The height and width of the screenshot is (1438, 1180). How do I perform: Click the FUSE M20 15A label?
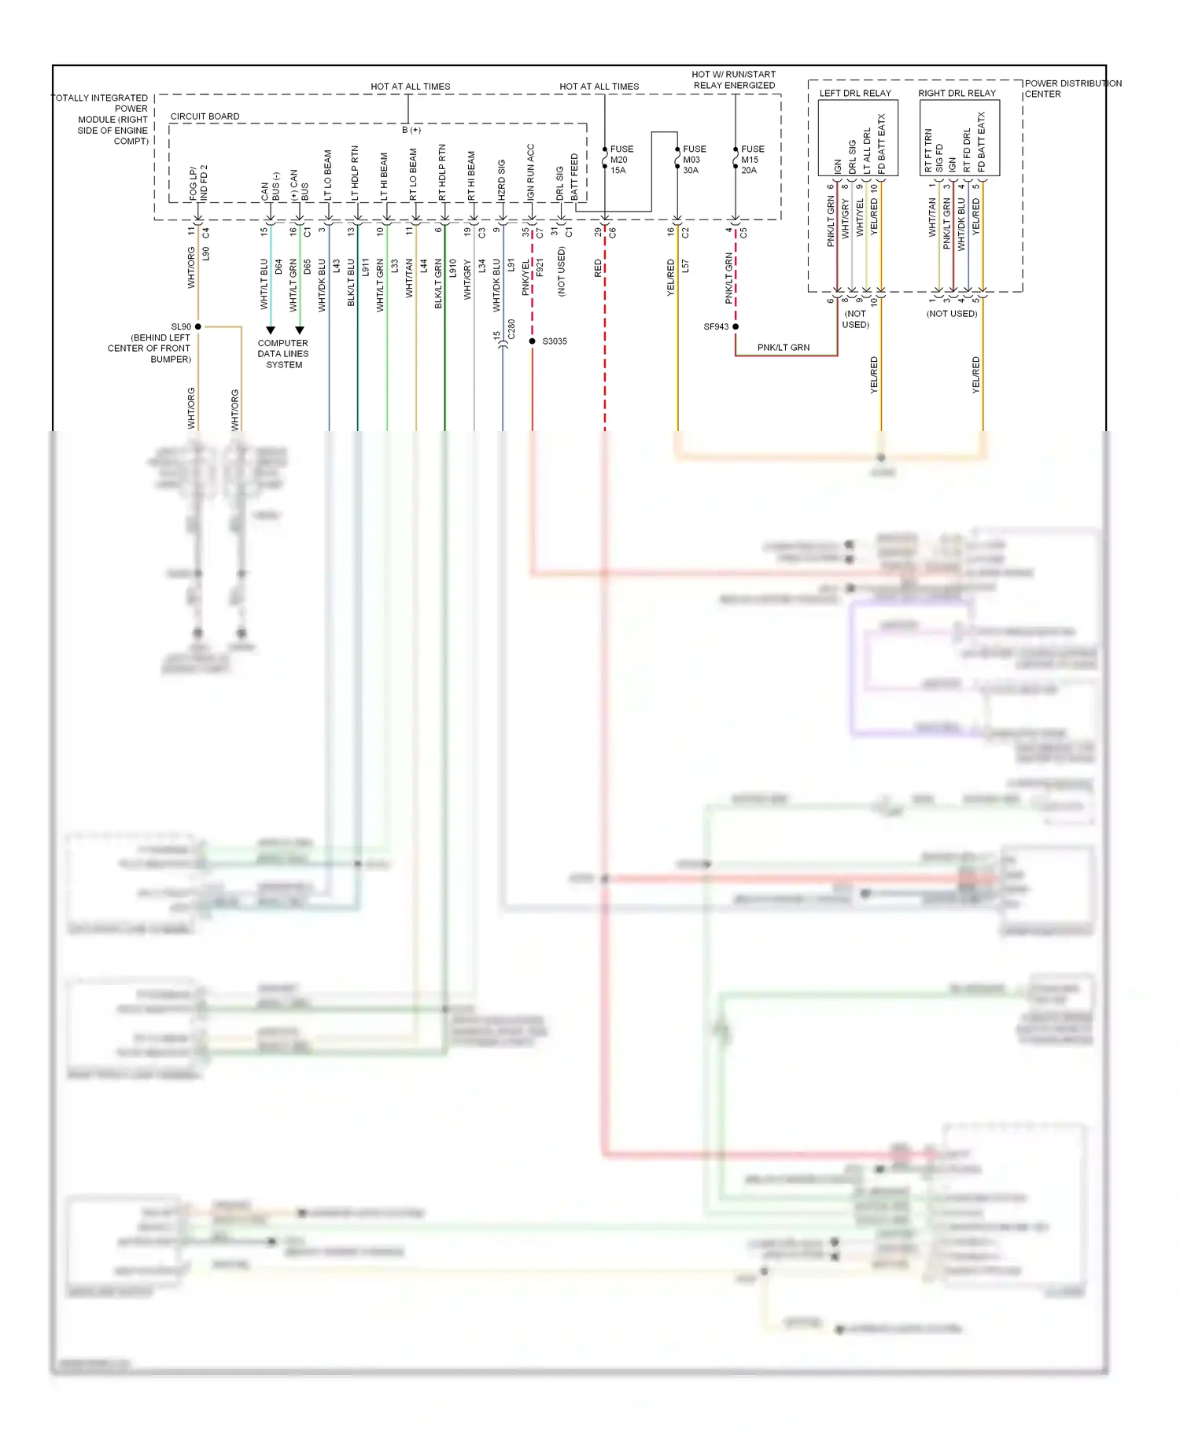(x=621, y=160)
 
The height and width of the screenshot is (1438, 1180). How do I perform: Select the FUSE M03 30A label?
(x=693, y=160)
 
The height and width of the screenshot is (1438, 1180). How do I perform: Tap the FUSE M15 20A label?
(x=751, y=160)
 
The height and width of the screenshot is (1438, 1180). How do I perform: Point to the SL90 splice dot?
(x=198, y=326)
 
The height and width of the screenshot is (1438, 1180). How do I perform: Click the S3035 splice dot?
(x=533, y=341)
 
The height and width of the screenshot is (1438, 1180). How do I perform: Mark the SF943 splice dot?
(x=736, y=326)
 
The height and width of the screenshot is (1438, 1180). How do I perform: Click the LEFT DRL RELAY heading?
(x=855, y=93)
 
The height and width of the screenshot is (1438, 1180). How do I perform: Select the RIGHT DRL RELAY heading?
(x=957, y=93)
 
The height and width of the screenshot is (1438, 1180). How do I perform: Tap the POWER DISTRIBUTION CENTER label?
(x=1072, y=88)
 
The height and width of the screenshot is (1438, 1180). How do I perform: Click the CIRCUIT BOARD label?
(x=205, y=116)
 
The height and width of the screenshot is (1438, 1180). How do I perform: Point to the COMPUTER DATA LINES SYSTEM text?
(x=283, y=354)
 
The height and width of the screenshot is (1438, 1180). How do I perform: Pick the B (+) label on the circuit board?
(x=411, y=130)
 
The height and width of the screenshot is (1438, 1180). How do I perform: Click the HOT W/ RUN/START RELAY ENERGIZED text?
(x=734, y=79)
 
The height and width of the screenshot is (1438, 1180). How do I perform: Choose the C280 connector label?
(x=511, y=330)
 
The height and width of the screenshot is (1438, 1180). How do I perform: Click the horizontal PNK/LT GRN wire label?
(x=783, y=348)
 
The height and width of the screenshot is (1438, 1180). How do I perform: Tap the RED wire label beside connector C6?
(x=598, y=268)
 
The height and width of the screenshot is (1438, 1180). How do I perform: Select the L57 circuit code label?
(x=685, y=267)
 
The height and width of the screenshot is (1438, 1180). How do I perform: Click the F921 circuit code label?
(x=540, y=268)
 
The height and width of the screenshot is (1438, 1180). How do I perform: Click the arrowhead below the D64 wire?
(x=271, y=330)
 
